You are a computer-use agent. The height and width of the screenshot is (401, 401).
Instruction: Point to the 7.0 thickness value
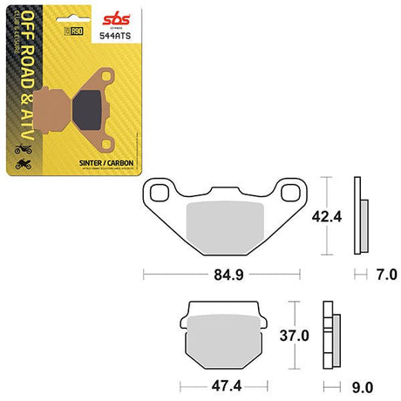(x=386, y=276)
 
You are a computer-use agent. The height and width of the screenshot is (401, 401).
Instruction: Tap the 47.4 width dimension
(x=224, y=385)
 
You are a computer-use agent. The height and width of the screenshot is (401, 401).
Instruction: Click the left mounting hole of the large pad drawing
(x=160, y=189)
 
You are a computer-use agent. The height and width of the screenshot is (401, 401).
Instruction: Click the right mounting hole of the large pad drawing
(x=283, y=189)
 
